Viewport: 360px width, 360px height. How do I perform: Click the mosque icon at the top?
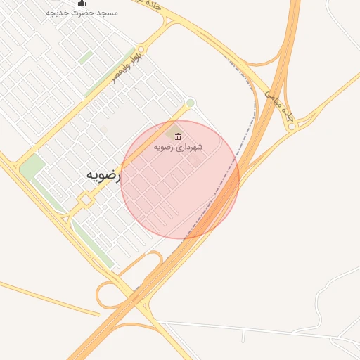click(x=82, y=3)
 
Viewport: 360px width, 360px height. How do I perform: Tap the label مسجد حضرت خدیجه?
click(x=82, y=13)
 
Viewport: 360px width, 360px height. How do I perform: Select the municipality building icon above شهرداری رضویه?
click(x=178, y=136)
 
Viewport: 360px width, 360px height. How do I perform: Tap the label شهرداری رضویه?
click(x=179, y=147)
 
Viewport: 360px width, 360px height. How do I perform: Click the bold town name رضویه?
click(x=103, y=176)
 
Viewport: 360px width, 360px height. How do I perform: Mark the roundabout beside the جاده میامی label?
click(x=291, y=127)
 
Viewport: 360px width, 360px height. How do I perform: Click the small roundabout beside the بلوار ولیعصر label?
click(x=141, y=50)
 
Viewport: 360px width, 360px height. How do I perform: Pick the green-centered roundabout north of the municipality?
click(x=190, y=103)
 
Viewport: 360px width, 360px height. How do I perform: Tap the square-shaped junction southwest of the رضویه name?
click(x=85, y=201)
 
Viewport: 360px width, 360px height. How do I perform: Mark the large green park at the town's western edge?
click(x=31, y=167)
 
